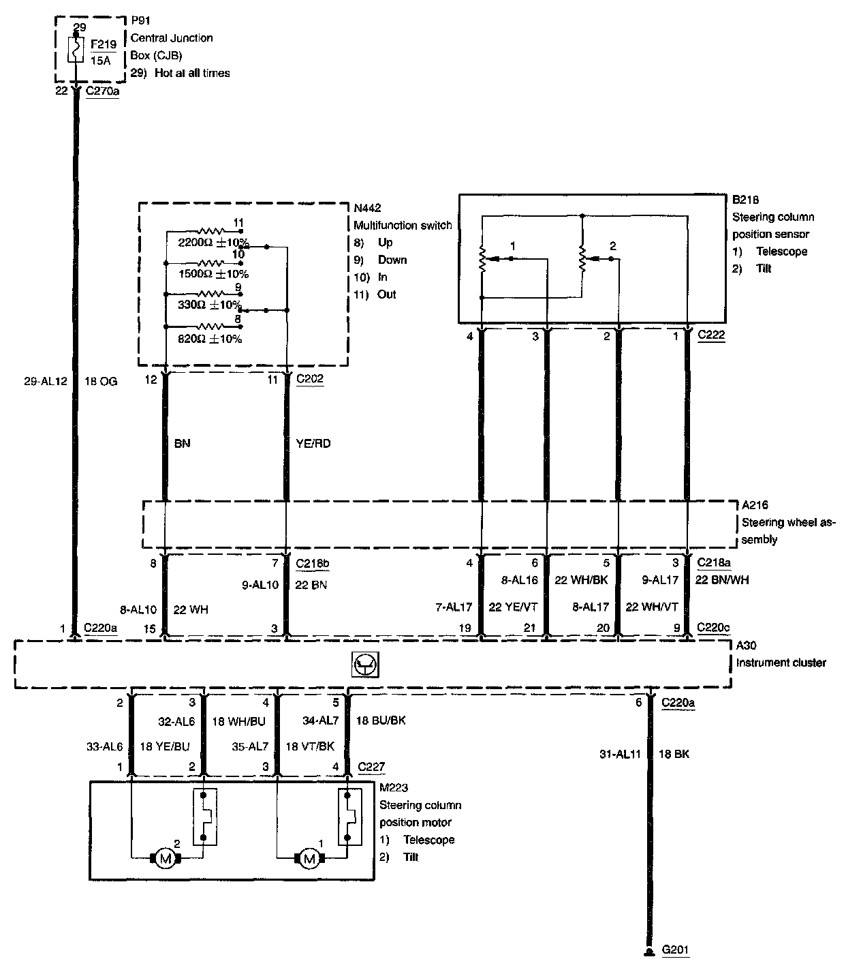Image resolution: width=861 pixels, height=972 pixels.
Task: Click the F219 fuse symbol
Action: click(x=76, y=49)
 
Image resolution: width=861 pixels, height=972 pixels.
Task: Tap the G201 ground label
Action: click(x=675, y=950)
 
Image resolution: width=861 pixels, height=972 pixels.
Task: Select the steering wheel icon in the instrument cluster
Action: click(x=365, y=665)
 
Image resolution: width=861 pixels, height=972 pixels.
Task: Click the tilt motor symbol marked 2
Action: click(x=166, y=858)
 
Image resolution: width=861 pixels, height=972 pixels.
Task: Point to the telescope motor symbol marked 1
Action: click(x=310, y=858)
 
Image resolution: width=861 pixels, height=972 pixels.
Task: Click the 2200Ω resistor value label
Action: click(x=213, y=242)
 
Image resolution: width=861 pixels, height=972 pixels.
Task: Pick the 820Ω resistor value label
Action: click(x=210, y=339)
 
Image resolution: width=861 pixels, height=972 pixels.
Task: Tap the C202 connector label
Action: click(x=310, y=378)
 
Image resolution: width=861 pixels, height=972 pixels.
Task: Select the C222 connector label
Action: click(x=711, y=335)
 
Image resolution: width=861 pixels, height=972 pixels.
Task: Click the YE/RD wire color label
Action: click(x=313, y=443)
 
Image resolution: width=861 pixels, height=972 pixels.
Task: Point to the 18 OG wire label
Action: click(x=101, y=382)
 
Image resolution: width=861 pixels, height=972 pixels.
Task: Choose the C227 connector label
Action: click(x=371, y=766)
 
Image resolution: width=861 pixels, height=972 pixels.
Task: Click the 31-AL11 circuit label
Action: click(x=620, y=754)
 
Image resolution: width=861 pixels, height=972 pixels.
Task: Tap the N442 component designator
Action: click(x=367, y=208)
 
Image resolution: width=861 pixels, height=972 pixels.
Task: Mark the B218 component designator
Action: click(x=745, y=200)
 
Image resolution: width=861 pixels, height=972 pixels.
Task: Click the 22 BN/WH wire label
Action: click(x=722, y=579)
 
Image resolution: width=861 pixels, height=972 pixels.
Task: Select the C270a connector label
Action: click(x=102, y=91)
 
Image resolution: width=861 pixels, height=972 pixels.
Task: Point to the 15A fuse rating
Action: click(x=100, y=61)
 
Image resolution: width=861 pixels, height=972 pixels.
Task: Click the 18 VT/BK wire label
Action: click(x=310, y=746)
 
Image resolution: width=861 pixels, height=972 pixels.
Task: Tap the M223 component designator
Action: click(x=394, y=787)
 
